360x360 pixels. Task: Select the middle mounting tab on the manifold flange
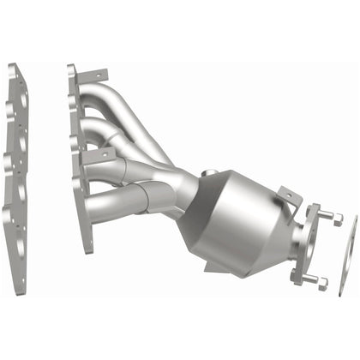100,153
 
